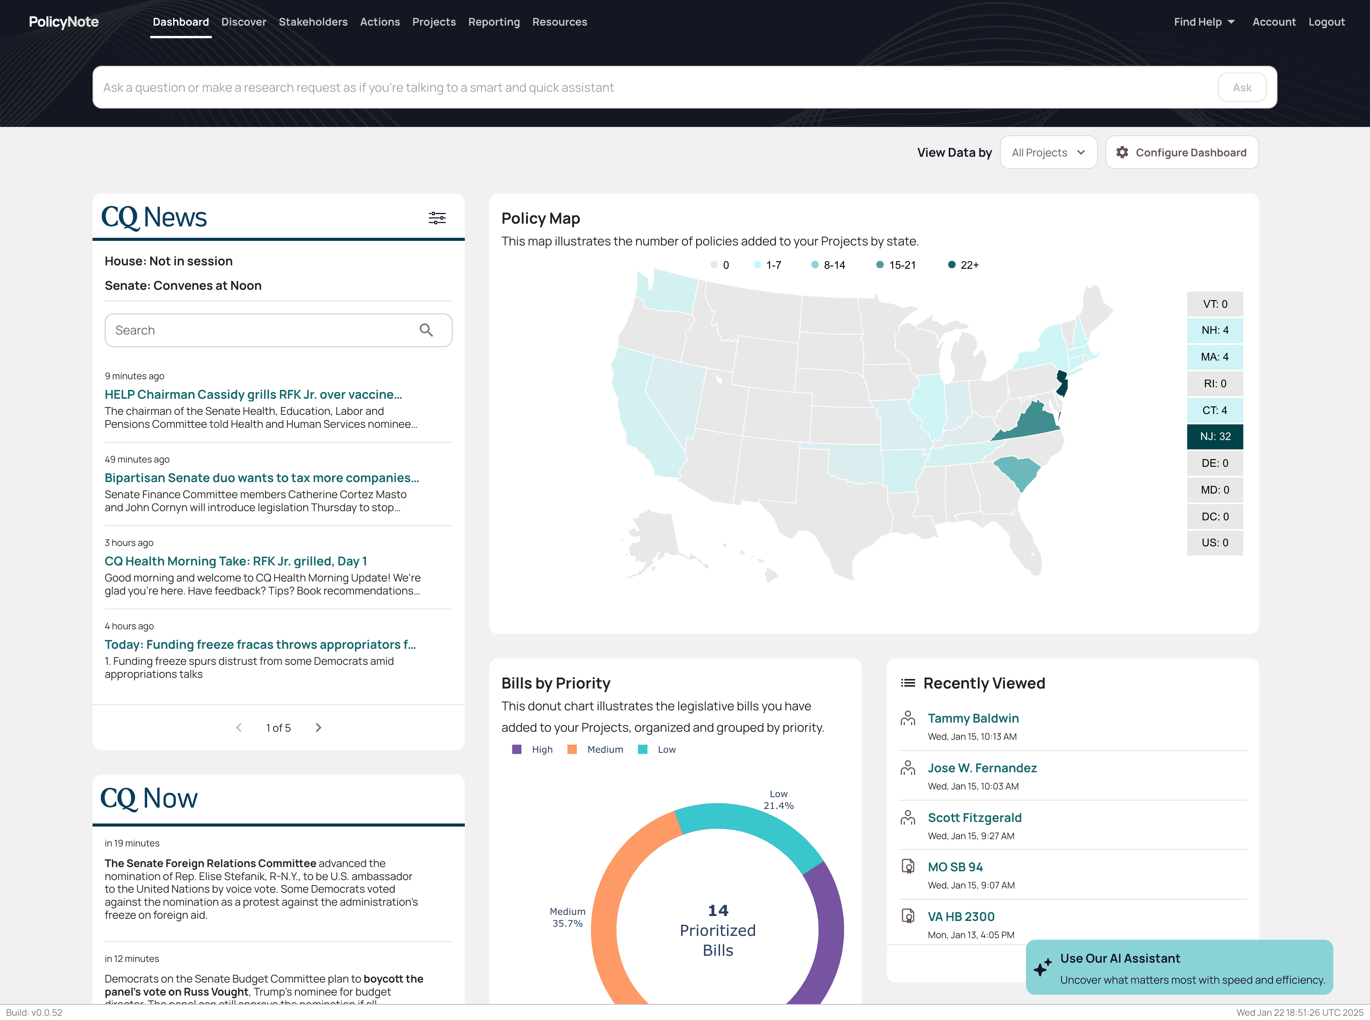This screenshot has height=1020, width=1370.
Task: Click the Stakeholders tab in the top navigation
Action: point(313,22)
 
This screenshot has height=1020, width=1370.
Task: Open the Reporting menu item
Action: point(494,22)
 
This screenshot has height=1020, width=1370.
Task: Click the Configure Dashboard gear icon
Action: point(1122,153)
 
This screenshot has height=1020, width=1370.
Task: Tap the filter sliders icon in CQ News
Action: point(437,218)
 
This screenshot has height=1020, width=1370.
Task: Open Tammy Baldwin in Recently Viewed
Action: point(973,718)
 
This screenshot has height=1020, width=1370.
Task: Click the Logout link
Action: point(1326,22)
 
